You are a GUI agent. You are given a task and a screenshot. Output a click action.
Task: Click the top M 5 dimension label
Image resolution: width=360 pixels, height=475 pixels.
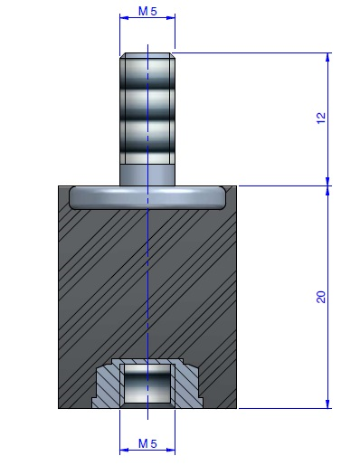[x=147, y=11]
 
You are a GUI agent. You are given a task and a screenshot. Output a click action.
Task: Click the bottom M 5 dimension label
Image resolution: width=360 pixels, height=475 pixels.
[x=147, y=444]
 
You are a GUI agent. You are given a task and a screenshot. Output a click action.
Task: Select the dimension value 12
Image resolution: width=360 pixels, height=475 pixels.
[x=321, y=118]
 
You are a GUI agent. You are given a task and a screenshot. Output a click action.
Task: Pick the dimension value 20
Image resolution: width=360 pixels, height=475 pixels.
[x=321, y=297]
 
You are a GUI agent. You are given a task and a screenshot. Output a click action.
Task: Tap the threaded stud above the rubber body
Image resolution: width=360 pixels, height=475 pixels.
[x=147, y=109]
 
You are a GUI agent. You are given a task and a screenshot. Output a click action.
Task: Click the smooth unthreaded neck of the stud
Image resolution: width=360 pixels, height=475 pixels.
[x=147, y=175]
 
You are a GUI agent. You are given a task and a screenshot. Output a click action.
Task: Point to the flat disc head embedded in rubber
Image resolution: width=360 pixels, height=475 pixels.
[x=147, y=197]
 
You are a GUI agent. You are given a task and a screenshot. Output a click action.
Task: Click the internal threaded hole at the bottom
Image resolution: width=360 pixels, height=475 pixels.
[x=147, y=385]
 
